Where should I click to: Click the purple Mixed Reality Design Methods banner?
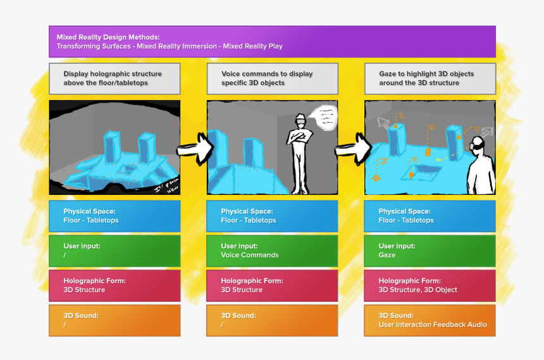272,42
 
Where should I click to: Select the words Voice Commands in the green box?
250,255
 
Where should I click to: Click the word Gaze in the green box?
387,255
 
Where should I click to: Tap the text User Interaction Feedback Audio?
433,325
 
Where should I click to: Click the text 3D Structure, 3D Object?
417,290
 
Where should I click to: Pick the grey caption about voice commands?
272,78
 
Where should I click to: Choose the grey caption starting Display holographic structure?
114,78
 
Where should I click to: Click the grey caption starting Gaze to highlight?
430,78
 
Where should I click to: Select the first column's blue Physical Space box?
114,216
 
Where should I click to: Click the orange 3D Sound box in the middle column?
272,320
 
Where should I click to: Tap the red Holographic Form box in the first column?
114,285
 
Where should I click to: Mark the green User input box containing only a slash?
114,251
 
